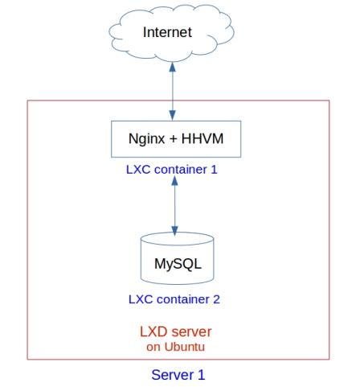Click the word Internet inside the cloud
tap(167, 32)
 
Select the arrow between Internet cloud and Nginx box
tap(173, 91)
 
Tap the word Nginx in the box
tap(146, 139)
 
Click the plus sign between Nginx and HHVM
tap(173, 139)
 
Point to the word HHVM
tap(202, 138)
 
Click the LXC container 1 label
tap(172, 170)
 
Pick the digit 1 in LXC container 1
tap(214, 170)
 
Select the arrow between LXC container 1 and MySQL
tap(174, 206)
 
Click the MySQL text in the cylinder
tap(178, 264)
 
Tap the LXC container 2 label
tap(174, 299)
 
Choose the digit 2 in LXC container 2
tap(216, 299)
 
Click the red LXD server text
tap(176, 331)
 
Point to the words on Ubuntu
tap(176, 347)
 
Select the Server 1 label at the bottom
tap(178, 375)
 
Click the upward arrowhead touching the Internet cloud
tap(173, 67)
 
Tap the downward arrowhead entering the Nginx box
tap(173, 116)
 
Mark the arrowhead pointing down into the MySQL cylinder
tap(174, 231)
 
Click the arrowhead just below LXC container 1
tap(174, 181)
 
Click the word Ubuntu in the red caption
tap(185, 347)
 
